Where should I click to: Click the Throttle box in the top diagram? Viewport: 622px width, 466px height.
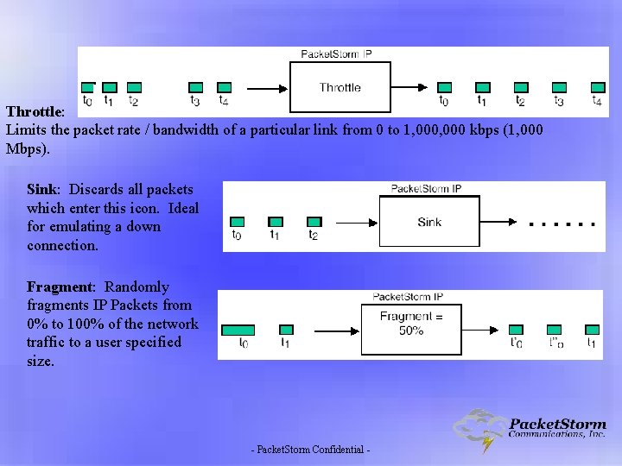tap(340, 87)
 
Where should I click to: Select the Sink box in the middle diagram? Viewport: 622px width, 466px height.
tap(429, 223)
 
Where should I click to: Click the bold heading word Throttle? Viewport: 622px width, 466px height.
tap(34, 112)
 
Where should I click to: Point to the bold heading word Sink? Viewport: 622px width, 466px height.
tap(42, 189)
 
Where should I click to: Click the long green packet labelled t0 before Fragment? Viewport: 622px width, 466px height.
tap(238, 330)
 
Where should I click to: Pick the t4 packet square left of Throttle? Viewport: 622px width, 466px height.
tap(225, 87)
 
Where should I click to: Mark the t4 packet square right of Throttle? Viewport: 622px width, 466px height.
tap(598, 87)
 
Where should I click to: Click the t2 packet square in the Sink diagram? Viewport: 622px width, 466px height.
tap(314, 222)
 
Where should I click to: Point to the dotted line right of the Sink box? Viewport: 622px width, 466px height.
tap(562, 224)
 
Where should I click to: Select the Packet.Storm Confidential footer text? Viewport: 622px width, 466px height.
tap(310, 450)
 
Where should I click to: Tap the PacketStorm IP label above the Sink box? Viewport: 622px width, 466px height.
tap(426, 189)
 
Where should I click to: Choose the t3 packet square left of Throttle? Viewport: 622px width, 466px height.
tap(196, 87)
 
